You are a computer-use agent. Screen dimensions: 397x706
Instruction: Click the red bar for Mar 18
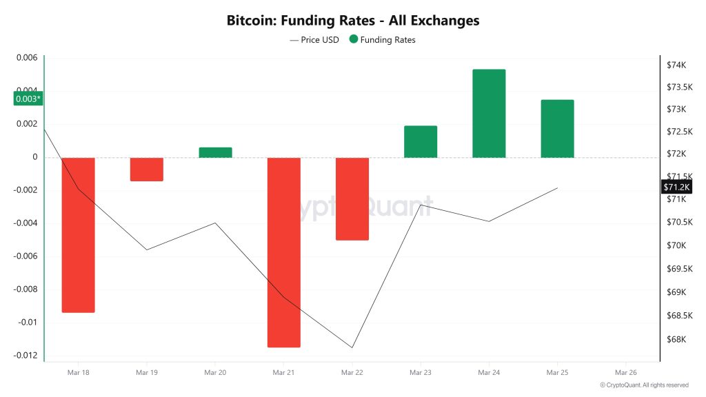coord(78,235)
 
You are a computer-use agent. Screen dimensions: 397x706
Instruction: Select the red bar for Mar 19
coord(146,170)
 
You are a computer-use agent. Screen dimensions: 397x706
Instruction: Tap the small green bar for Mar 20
coord(215,152)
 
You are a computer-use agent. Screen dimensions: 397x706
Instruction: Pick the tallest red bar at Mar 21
coord(283,252)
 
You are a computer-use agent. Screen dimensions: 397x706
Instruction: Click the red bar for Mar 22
coord(352,198)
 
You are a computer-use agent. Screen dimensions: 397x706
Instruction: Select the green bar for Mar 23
coord(421,142)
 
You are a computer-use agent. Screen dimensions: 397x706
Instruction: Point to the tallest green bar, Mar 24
coord(489,114)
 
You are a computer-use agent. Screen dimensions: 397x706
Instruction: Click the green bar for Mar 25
coord(557,129)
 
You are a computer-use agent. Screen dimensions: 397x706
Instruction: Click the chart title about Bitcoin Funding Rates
coord(353,21)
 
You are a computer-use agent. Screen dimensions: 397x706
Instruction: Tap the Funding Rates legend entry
coord(383,40)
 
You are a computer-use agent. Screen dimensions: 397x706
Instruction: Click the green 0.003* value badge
coord(28,99)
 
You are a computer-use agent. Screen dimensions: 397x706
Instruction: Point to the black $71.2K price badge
coord(676,187)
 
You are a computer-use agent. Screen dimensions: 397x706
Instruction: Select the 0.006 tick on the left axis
coord(26,58)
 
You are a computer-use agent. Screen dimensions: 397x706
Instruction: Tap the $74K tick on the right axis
coord(676,65)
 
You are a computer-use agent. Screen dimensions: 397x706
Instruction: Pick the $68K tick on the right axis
coord(676,339)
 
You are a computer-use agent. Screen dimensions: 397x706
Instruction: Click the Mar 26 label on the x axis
coord(625,372)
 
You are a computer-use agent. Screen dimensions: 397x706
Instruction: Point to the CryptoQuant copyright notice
coord(644,385)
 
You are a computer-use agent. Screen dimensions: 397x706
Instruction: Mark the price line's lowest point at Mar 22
coord(352,347)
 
